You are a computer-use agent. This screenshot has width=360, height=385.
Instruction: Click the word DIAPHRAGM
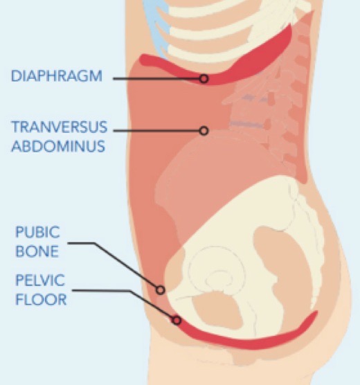(57, 76)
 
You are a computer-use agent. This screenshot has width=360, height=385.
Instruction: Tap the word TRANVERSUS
(60, 127)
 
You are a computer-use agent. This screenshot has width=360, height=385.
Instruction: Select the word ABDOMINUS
(58, 146)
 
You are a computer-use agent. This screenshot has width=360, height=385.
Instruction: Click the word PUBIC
(37, 232)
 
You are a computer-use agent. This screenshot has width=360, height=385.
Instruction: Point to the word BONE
(37, 251)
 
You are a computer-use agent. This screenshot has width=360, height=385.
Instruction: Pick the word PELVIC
(40, 280)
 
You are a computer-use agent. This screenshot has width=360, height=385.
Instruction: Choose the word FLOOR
(41, 300)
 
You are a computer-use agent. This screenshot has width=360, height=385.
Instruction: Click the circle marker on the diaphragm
(204, 79)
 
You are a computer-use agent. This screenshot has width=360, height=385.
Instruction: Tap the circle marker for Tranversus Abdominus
(204, 131)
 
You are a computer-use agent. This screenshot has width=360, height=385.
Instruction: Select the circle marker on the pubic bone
(160, 290)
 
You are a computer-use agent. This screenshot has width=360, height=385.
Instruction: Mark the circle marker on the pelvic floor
(177, 320)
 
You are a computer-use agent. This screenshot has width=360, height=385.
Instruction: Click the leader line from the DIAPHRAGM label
(156, 79)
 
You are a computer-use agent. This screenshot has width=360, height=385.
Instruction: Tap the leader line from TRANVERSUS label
(156, 131)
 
